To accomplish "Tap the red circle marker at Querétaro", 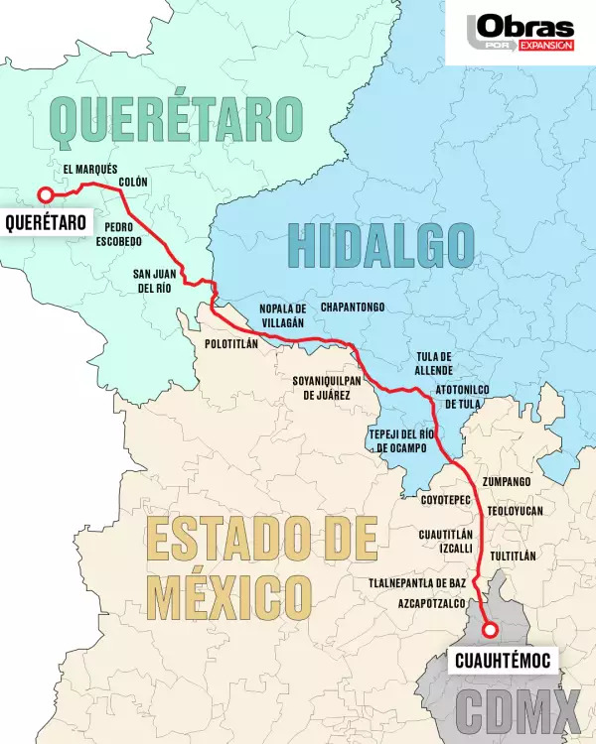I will click(x=45, y=194).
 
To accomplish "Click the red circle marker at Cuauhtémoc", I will click(x=489, y=629).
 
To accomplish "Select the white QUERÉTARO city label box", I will click(x=44, y=221).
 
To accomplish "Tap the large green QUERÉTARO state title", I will click(x=175, y=119).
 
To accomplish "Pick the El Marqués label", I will click(x=90, y=169).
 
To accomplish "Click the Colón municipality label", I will click(x=133, y=182).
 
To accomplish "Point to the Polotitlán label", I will click(x=230, y=342).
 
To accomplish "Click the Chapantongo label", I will click(x=353, y=308).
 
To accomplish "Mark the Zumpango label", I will click(x=506, y=481).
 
